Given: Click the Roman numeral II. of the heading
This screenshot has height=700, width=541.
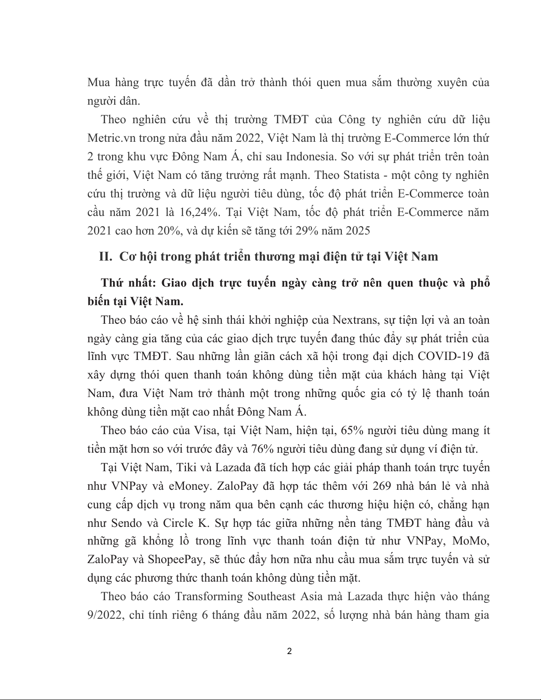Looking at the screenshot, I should (106, 257).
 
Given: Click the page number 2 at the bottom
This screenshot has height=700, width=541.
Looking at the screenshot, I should (289, 651).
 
